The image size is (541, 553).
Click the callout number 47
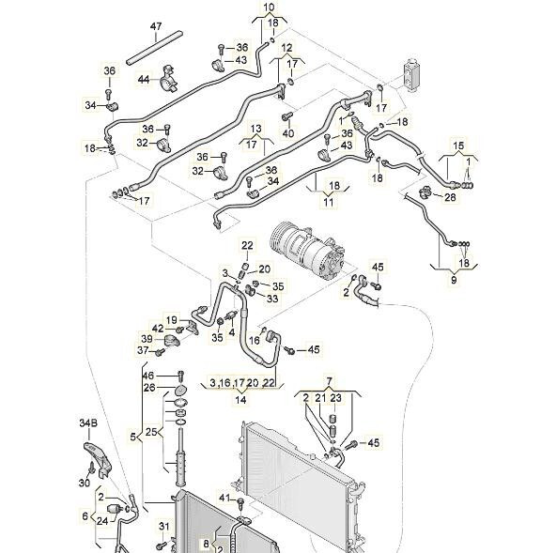(x=156, y=27)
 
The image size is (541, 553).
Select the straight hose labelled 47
(x=154, y=48)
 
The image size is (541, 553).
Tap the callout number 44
(x=144, y=80)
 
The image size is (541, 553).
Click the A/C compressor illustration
(x=305, y=251)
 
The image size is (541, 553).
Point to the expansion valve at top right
(x=411, y=75)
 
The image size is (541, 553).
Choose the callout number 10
(x=269, y=7)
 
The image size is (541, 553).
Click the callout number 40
(x=288, y=133)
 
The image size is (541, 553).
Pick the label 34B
(x=88, y=422)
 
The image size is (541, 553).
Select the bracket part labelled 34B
(x=98, y=459)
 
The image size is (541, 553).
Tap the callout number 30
(x=85, y=482)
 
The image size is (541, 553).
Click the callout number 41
(x=225, y=498)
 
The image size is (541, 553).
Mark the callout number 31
(x=164, y=526)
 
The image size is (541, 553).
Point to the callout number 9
(x=454, y=280)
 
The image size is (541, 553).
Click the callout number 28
(x=450, y=197)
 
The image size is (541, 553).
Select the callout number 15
(x=458, y=146)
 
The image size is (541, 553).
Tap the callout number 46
(x=148, y=376)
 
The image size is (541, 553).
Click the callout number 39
(x=147, y=339)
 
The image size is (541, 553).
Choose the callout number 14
(x=240, y=400)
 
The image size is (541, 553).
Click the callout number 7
(x=330, y=381)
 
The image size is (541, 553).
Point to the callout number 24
(x=102, y=520)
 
